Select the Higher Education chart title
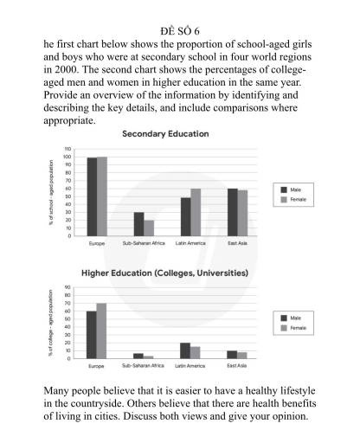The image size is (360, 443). (x=164, y=273)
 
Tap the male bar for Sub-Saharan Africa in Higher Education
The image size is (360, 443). (x=138, y=356)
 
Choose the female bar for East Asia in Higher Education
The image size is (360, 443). (x=241, y=355)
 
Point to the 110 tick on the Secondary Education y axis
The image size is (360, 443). (x=67, y=150)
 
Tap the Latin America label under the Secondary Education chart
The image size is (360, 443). (x=190, y=244)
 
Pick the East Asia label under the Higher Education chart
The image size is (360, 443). (x=236, y=366)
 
